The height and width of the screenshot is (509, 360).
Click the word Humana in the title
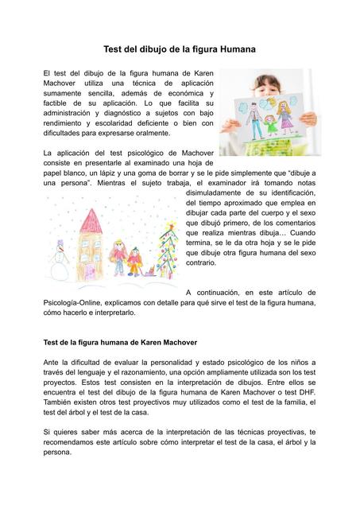[x=233, y=49]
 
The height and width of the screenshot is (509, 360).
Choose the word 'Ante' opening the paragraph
[x=52, y=362]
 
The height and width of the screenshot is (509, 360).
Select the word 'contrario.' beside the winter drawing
[x=206, y=261]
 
